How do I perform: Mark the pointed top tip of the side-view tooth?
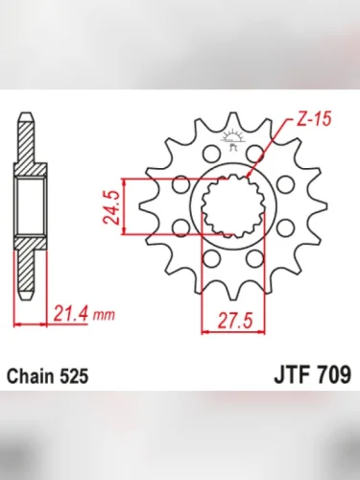coord(22,119)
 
